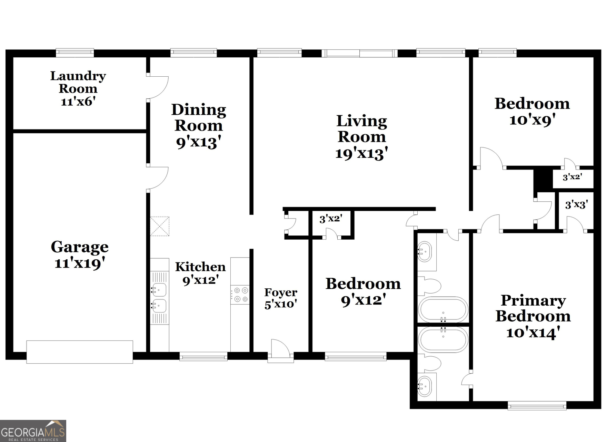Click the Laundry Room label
[x=78, y=82]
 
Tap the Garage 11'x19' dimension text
[x=80, y=263]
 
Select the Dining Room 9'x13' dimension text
[x=198, y=142]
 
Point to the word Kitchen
[x=200, y=267]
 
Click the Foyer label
[x=281, y=292]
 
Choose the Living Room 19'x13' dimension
[x=361, y=153]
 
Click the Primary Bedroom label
[x=533, y=308]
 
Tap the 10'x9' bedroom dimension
[x=532, y=120]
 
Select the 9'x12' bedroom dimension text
[x=363, y=300]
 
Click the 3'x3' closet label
[x=576, y=205]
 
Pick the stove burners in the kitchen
[x=240, y=295]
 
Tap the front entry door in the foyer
[x=280, y=349]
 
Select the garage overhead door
[x=80, y=352]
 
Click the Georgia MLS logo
[x=33, y=431]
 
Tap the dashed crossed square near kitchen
[x=160, y=226]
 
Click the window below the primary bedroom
[x=537, y=405]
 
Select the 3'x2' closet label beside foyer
[x=330, y=219]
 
